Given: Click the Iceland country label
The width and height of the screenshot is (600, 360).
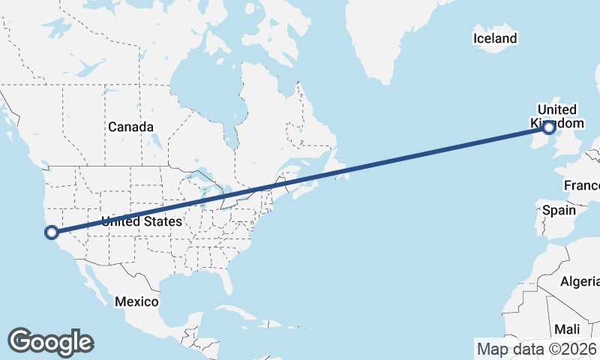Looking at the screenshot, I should pyautogui.click(x=495, y=38).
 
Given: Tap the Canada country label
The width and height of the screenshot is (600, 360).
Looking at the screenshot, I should pyautogui.click(x=130, y=127).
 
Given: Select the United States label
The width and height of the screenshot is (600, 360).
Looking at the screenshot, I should pyautogui.click(x=142, y=221).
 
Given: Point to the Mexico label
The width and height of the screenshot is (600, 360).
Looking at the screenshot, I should pyautogui.click(x=136, y=301).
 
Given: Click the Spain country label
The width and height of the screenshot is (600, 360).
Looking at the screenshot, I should pyautogui.click(x=559, y=211).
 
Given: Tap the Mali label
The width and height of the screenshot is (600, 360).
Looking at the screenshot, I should pyautogui.click(x=567, y=329).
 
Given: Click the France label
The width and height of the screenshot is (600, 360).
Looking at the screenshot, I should pyautogui.click(x=582, y=185).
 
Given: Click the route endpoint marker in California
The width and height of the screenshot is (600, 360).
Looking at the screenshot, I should pyautogui.click(x=52, y=232).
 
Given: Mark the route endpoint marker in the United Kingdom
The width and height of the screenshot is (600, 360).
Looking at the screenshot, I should pyautogui.click(x=549, y=128).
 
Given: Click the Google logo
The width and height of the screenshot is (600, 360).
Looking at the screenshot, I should pyautogui.click(x=50, y=341).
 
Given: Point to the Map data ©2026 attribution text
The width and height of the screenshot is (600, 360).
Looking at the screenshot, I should pyautogui.click(x=537, y=348).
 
